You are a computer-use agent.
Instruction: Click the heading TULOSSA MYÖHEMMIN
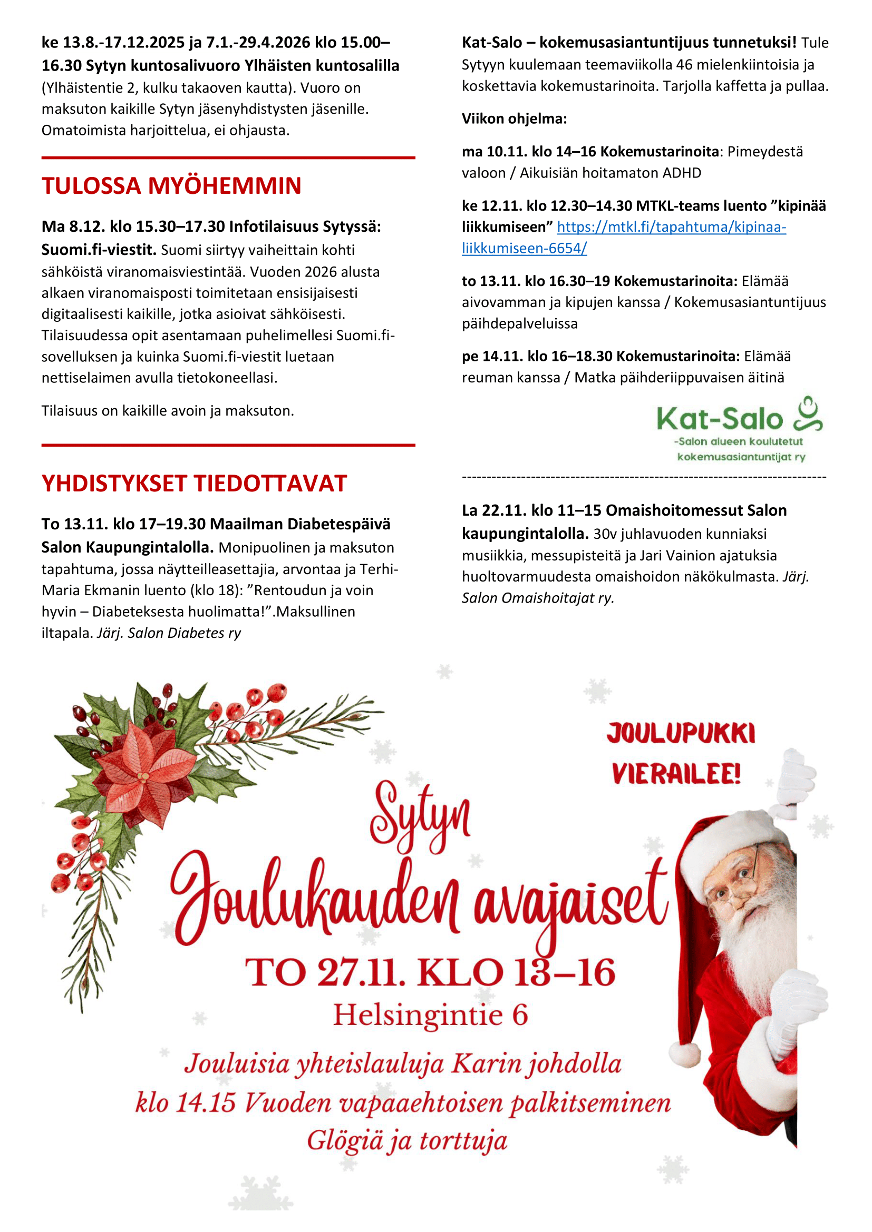click(x=171, y=185)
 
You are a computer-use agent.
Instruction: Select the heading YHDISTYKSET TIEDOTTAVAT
click(x=194, y=484)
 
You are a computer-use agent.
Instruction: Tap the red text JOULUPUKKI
click(x=681, y=734)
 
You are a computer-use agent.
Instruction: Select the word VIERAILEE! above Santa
click(x=676, y=774)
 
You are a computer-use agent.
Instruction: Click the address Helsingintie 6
click(x=430, y=1015)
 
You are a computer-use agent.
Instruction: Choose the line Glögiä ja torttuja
click(x=407, y=1141)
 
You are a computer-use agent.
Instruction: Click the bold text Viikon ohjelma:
click(x=514, y=119)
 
